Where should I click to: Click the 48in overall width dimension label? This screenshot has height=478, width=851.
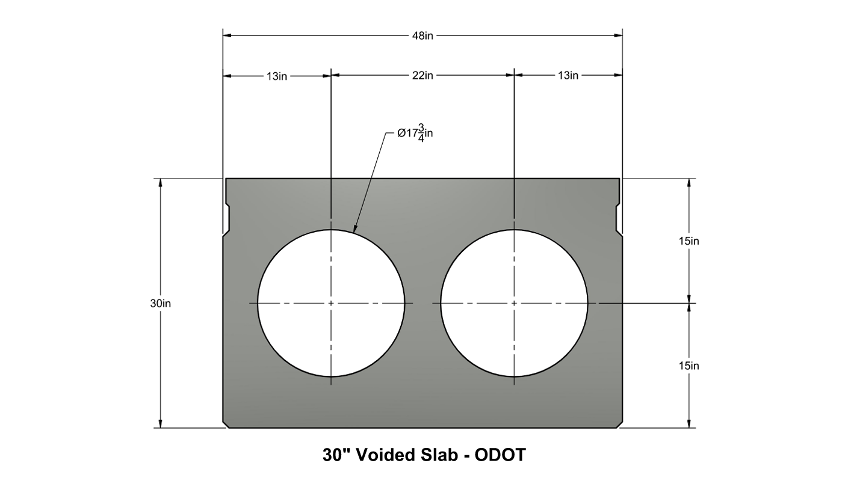click(422, 35)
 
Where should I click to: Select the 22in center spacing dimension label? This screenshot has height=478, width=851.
click(422, 76)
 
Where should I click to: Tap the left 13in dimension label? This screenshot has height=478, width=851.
click(277, 76)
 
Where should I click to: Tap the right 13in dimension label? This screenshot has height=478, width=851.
click(568, 76)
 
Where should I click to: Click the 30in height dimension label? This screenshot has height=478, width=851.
click(160, 304)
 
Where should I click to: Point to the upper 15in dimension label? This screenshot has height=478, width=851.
click(689, 241)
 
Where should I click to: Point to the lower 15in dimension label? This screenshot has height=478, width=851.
click(689, 366)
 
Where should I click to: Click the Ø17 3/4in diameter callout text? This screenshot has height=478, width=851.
click(415, 133)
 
